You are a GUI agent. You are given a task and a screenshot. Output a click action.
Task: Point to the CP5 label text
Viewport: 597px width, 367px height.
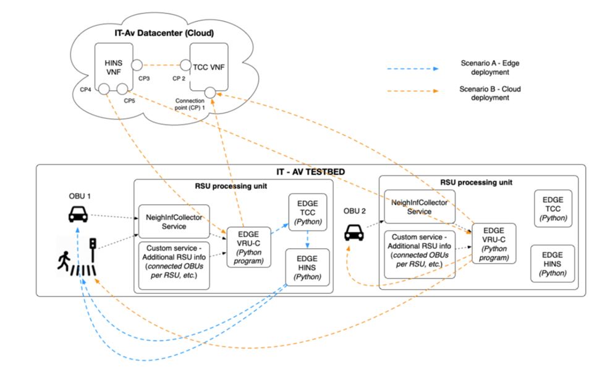point(130,100)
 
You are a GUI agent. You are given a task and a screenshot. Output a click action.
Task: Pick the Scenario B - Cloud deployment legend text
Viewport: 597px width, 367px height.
point(490,93)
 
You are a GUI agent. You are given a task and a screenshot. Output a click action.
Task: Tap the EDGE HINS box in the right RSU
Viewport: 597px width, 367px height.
point(553,264)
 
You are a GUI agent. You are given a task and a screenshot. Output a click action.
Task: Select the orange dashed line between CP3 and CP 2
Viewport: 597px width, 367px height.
point(162,64)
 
